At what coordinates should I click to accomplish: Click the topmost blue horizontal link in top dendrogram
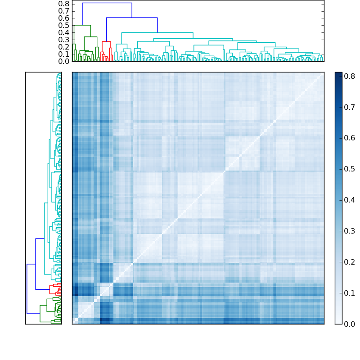pos(107,3)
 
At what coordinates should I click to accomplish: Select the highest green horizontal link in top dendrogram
pos(82,25)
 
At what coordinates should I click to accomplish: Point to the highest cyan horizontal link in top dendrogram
pos(157,32)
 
